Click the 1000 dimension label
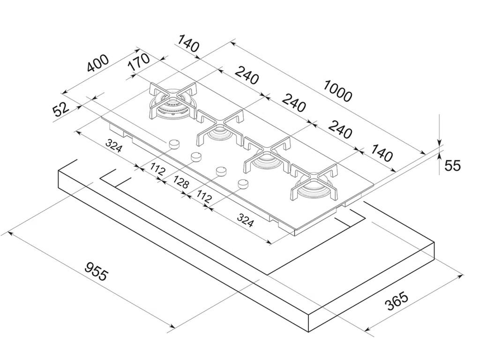[337, 92]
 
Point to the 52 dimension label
[61, 110]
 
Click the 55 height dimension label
[452, 165]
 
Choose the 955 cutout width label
[96, 272]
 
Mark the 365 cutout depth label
[397, 302]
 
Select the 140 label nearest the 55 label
[381, 153]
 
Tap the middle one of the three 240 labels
[293, 103]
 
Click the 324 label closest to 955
[114, 146]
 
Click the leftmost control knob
[174, 143]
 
